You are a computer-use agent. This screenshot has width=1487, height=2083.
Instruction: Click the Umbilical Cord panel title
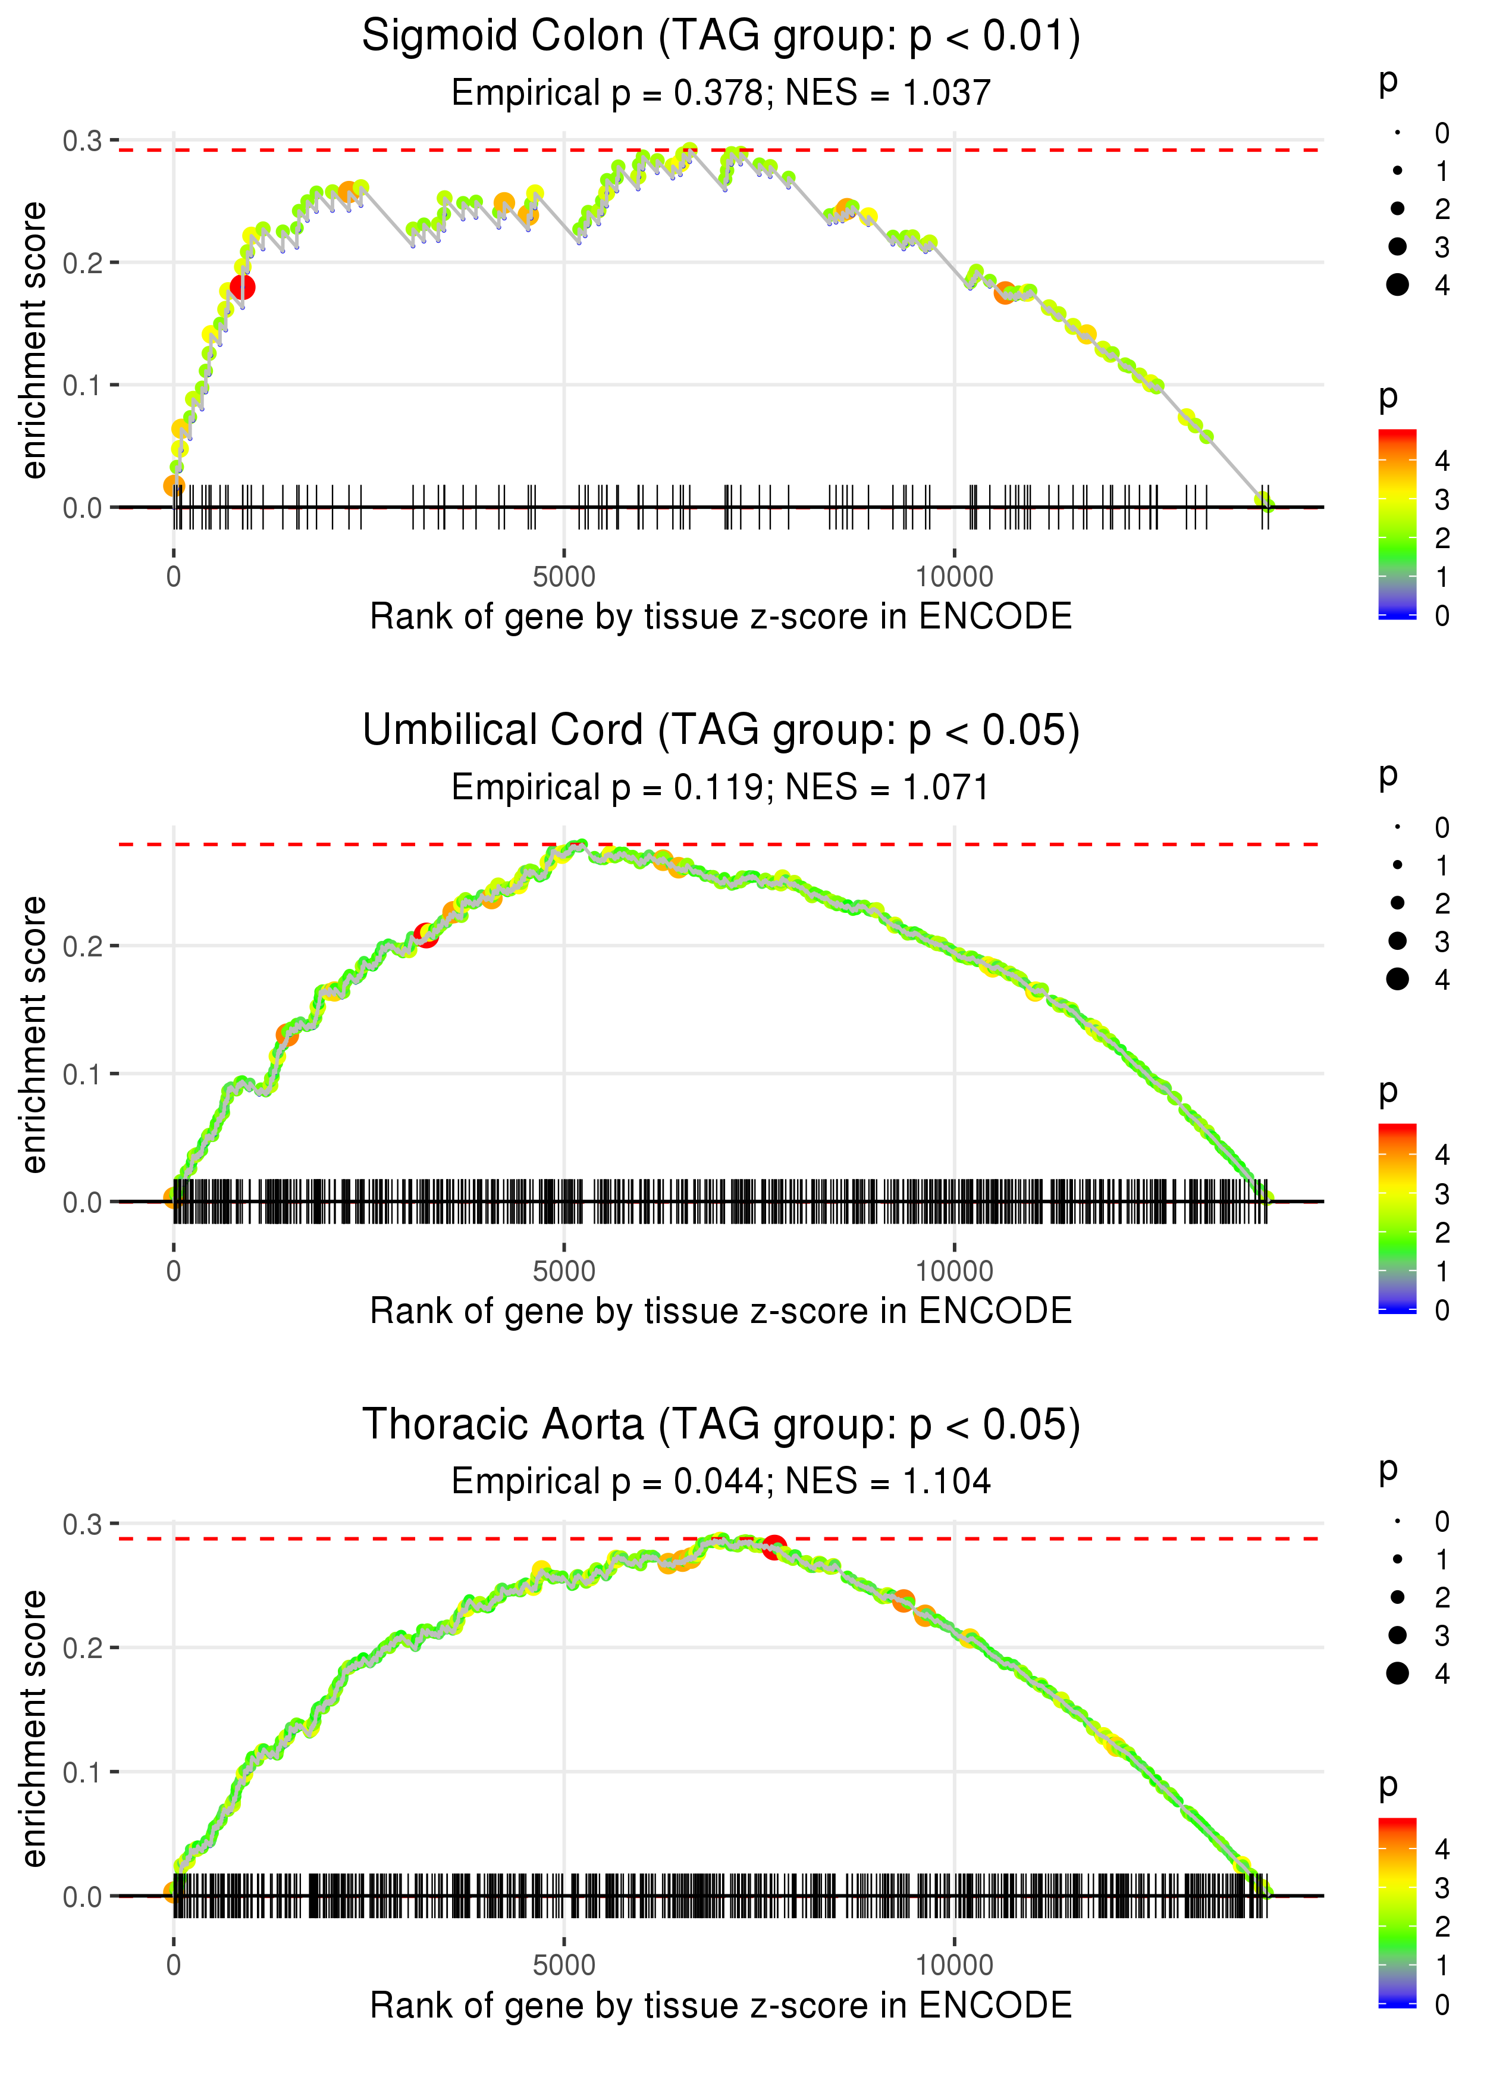[721, 731]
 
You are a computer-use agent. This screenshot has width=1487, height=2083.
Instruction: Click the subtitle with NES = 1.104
[721, 1482]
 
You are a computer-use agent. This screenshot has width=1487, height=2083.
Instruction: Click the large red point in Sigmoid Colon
[243, 287]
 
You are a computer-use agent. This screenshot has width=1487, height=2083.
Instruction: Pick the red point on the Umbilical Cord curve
[426, 934]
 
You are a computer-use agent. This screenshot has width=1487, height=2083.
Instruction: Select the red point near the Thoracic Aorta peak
[774, 1548]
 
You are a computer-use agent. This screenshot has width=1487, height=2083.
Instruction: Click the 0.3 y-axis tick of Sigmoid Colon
[83, 141]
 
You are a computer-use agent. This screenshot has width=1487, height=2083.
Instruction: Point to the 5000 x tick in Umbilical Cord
[564, 1271]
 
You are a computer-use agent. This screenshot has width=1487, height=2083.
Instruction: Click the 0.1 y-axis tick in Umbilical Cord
[83, 1074]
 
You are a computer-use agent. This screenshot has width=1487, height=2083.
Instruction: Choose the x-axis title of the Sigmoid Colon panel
[721, 617]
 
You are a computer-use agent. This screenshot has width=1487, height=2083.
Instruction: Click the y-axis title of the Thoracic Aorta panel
[34, 1729]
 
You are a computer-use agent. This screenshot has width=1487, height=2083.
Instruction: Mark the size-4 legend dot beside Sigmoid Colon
[1397, 285]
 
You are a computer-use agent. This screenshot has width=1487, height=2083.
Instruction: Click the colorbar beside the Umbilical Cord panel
[1397, 1218]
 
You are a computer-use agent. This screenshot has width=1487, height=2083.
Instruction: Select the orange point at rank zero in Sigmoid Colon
[174, 486]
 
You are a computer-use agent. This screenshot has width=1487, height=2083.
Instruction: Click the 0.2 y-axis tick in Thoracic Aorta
[83, 1649]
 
